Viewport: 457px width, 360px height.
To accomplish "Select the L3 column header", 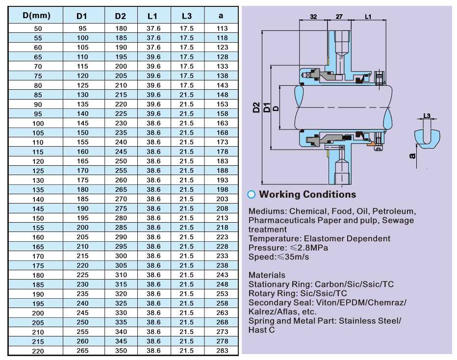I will tap(186, 15).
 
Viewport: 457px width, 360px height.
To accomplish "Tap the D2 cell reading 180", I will tap(121, 28).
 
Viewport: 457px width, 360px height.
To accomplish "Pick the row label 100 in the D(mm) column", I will tap(38, 123).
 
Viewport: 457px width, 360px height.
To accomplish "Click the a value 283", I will tap(222, 351).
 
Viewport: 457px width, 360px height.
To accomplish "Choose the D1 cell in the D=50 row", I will tap(83, 28).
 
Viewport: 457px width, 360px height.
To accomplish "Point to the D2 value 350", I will tap(121, 351).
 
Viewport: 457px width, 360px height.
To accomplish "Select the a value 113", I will tap(222, 28).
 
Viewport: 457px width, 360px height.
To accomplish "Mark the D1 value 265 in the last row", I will tap(83, 351).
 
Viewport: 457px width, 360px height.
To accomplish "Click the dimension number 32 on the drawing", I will tap(314, 17).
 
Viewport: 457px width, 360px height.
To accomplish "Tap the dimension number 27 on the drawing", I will tap(339, 17).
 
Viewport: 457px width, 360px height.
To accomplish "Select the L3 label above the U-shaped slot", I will tap(427, 116).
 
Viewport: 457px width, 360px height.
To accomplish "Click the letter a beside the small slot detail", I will tap(412, 156).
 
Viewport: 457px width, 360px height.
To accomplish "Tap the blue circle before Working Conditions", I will tap(252, 194).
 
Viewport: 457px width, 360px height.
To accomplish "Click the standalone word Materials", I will tap(267, 275).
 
